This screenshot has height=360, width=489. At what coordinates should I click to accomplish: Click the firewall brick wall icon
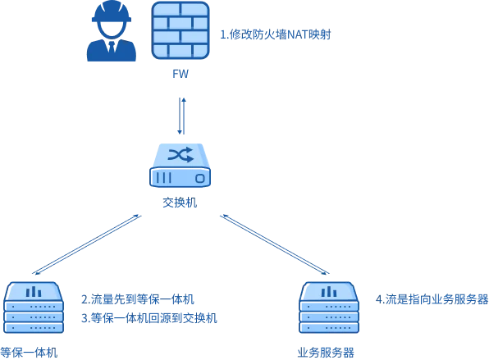[181, 30]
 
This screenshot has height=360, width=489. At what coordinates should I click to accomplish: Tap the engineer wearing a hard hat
[112, 31]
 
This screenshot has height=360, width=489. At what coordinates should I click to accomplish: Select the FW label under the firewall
[181, 74]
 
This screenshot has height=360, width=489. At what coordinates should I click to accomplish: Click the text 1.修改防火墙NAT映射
[276, 34]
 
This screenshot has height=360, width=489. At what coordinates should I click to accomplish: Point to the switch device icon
[181, 165]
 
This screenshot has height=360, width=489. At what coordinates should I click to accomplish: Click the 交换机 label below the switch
[180, 203]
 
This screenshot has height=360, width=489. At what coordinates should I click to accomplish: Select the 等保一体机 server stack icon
[34, 308]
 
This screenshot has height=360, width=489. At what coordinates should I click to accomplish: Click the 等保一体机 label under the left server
[29, 353]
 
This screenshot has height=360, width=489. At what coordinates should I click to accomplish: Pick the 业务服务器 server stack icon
[329, 308]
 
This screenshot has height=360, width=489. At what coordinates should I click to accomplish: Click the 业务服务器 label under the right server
[326, 353]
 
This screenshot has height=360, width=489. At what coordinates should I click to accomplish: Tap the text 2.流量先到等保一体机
[138, 299]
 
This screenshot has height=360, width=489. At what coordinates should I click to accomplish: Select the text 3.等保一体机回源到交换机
[149, 318]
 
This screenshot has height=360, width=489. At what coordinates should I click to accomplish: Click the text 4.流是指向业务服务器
[432, 299]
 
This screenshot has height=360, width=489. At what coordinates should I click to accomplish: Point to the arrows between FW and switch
[182, 116]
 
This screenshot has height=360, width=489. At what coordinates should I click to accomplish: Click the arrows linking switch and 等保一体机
[87, 244]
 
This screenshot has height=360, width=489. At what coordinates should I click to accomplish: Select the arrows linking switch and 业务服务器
[275, 244]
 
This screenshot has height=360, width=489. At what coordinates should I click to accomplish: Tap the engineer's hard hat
[112, 11]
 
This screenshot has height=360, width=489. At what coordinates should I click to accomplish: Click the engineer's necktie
[112, 47]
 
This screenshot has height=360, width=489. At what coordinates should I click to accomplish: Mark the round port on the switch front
[200, 178]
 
